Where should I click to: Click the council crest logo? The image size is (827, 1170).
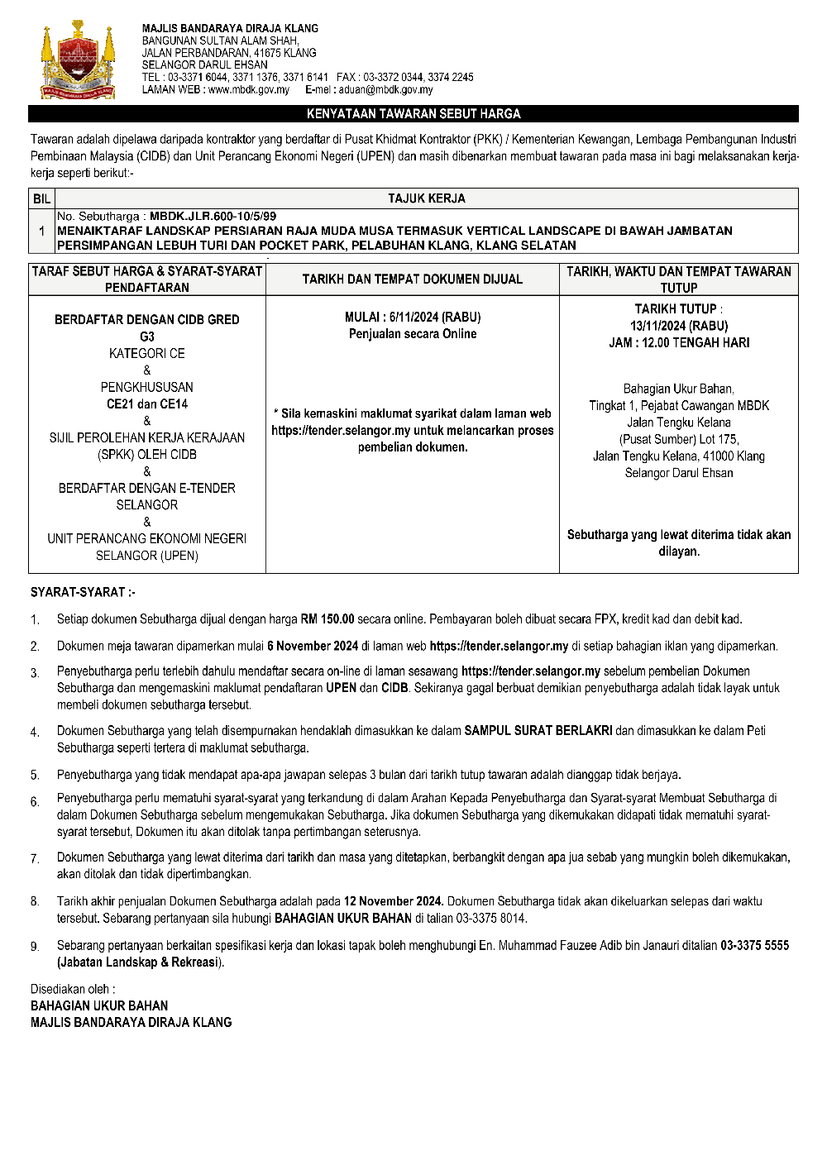pyautogui.click(x=78, y=60)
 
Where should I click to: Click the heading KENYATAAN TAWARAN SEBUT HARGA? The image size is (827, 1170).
pyautogui.click(x=413, y=114)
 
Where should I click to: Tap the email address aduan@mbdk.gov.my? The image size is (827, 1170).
pyautogui.click(x=385, y=89)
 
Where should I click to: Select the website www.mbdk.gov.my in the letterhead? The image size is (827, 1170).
pyautogui.click(x=249, y=89)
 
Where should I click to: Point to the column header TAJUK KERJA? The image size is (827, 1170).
pyautogui.click(x=427, y=198)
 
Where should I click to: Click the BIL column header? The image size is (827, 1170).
pyautogui.click(x=42, y=198)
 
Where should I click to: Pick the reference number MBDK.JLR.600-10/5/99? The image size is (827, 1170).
pyautogui.click(x=213, y=217)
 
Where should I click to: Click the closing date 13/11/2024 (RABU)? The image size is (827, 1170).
pyautogui.click(x=679, y=326)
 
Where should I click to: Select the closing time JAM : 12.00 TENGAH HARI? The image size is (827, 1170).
pyautogui.click(x=679, y=342)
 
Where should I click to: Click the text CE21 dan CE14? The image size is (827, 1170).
pyautogui.click(x=147, y=404)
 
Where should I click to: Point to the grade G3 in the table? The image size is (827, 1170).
pyautogui.click(x=147, y=337)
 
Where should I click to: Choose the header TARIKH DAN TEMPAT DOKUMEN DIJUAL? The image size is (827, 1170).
pyautogui.click(x=413, y=279)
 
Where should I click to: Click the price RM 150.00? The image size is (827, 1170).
pyautogui.click(x=327, y=618)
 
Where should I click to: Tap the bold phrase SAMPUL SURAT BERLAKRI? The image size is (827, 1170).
pyautogui.click(x=538, y=731)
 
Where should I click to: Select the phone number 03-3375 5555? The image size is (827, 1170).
pyautogui.click(x=754, y=945)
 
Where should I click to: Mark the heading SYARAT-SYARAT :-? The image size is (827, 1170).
pyautogui.click(x=83, y=592)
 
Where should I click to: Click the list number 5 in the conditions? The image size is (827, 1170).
pyautogui.click(x=35, y=776)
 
